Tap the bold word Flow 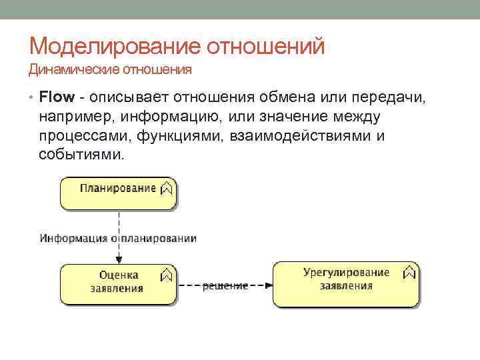[x=56, y=97]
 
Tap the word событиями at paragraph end [x=81, y=155]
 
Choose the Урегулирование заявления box [x=346, y=283]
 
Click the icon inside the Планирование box [x=167, y=188]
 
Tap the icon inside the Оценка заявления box [x=167, y=274]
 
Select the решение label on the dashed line [x=225, y=285]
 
